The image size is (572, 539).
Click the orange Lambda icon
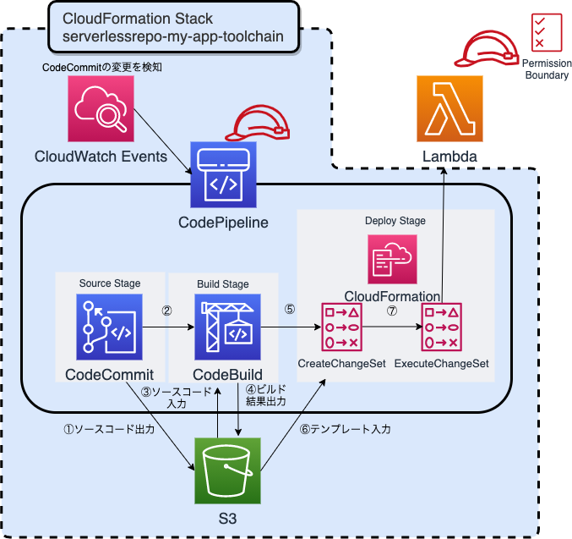(449, 107)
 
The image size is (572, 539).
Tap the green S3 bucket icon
(228, 470)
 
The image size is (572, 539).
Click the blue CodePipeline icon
(223, 174)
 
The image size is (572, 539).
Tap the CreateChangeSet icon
(341, 326)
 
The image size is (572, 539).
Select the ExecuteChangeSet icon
(442, 326)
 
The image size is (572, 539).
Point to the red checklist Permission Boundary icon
(537, 32)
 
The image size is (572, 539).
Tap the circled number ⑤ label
(290, 310)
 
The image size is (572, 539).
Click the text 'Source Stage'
(110, 283)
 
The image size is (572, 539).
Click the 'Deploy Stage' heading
(395, 221)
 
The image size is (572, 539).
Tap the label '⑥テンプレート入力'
(346, 429)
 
